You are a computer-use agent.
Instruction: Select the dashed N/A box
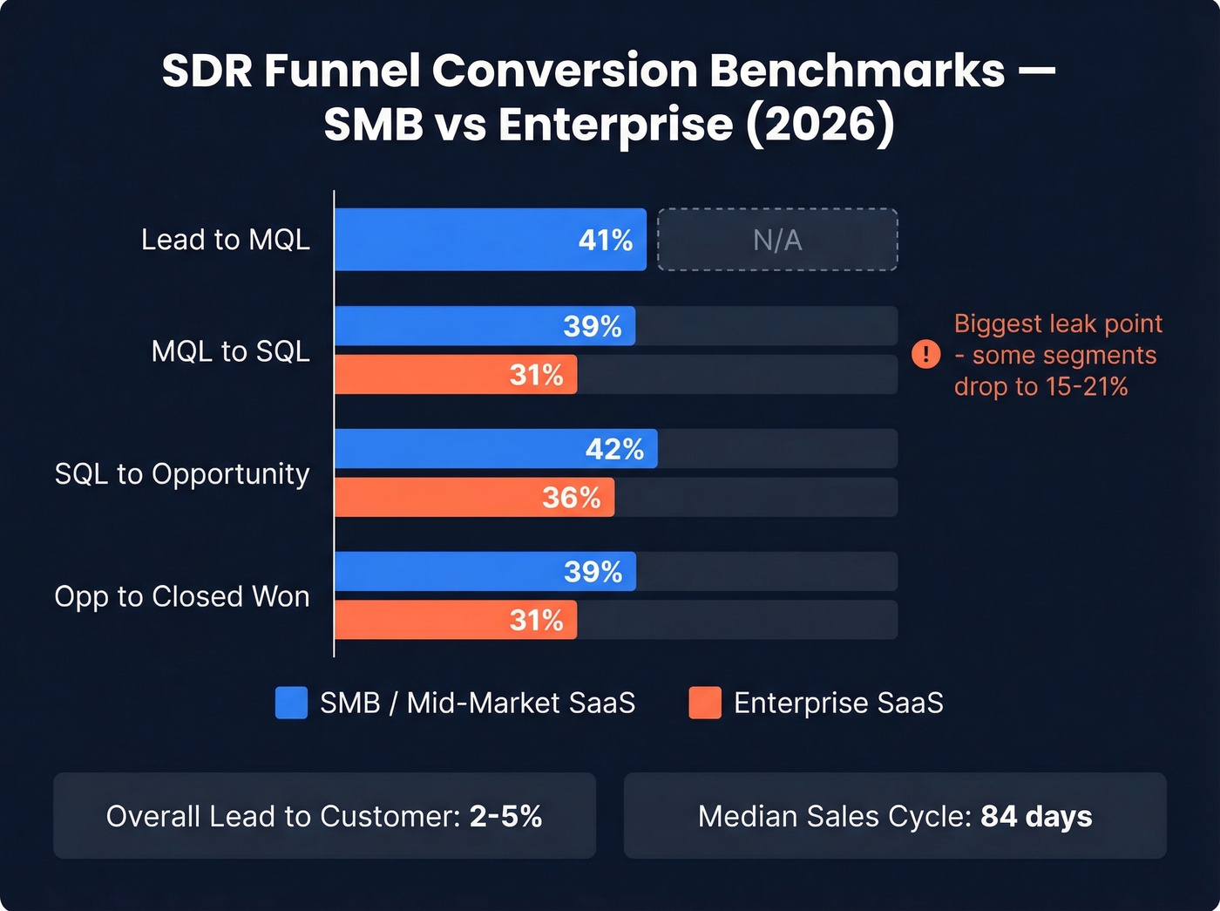point(777,240)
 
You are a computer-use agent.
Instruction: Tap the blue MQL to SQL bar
point(485,326)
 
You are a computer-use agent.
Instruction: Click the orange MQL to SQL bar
point(455,375)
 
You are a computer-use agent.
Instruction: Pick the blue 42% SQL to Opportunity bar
point(495,449)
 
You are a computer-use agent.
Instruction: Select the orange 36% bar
point(474,498)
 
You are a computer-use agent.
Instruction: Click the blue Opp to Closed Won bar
point(485,572)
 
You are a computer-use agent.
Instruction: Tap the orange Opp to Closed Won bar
point(455,620)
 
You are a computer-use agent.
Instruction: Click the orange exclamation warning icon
point(925,354)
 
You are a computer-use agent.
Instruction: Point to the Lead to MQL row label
point(226,240)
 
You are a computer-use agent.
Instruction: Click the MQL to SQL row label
point(230,351)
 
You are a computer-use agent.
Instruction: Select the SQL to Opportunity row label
point(182,474)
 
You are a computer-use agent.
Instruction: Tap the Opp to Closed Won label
point(182,597)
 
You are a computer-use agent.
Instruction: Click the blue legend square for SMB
point(291,703)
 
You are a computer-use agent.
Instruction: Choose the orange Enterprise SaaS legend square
point(704,703)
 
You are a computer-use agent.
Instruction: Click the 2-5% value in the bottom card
point(505,817)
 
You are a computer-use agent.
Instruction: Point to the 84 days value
point(1036,817)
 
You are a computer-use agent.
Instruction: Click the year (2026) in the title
point(819,124)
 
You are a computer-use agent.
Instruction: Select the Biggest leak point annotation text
point(1057,355)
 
